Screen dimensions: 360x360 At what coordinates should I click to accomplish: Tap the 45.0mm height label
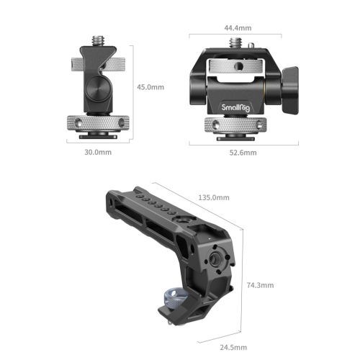click(151, 87)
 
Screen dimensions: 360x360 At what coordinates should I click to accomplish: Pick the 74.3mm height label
click(260, 285)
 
